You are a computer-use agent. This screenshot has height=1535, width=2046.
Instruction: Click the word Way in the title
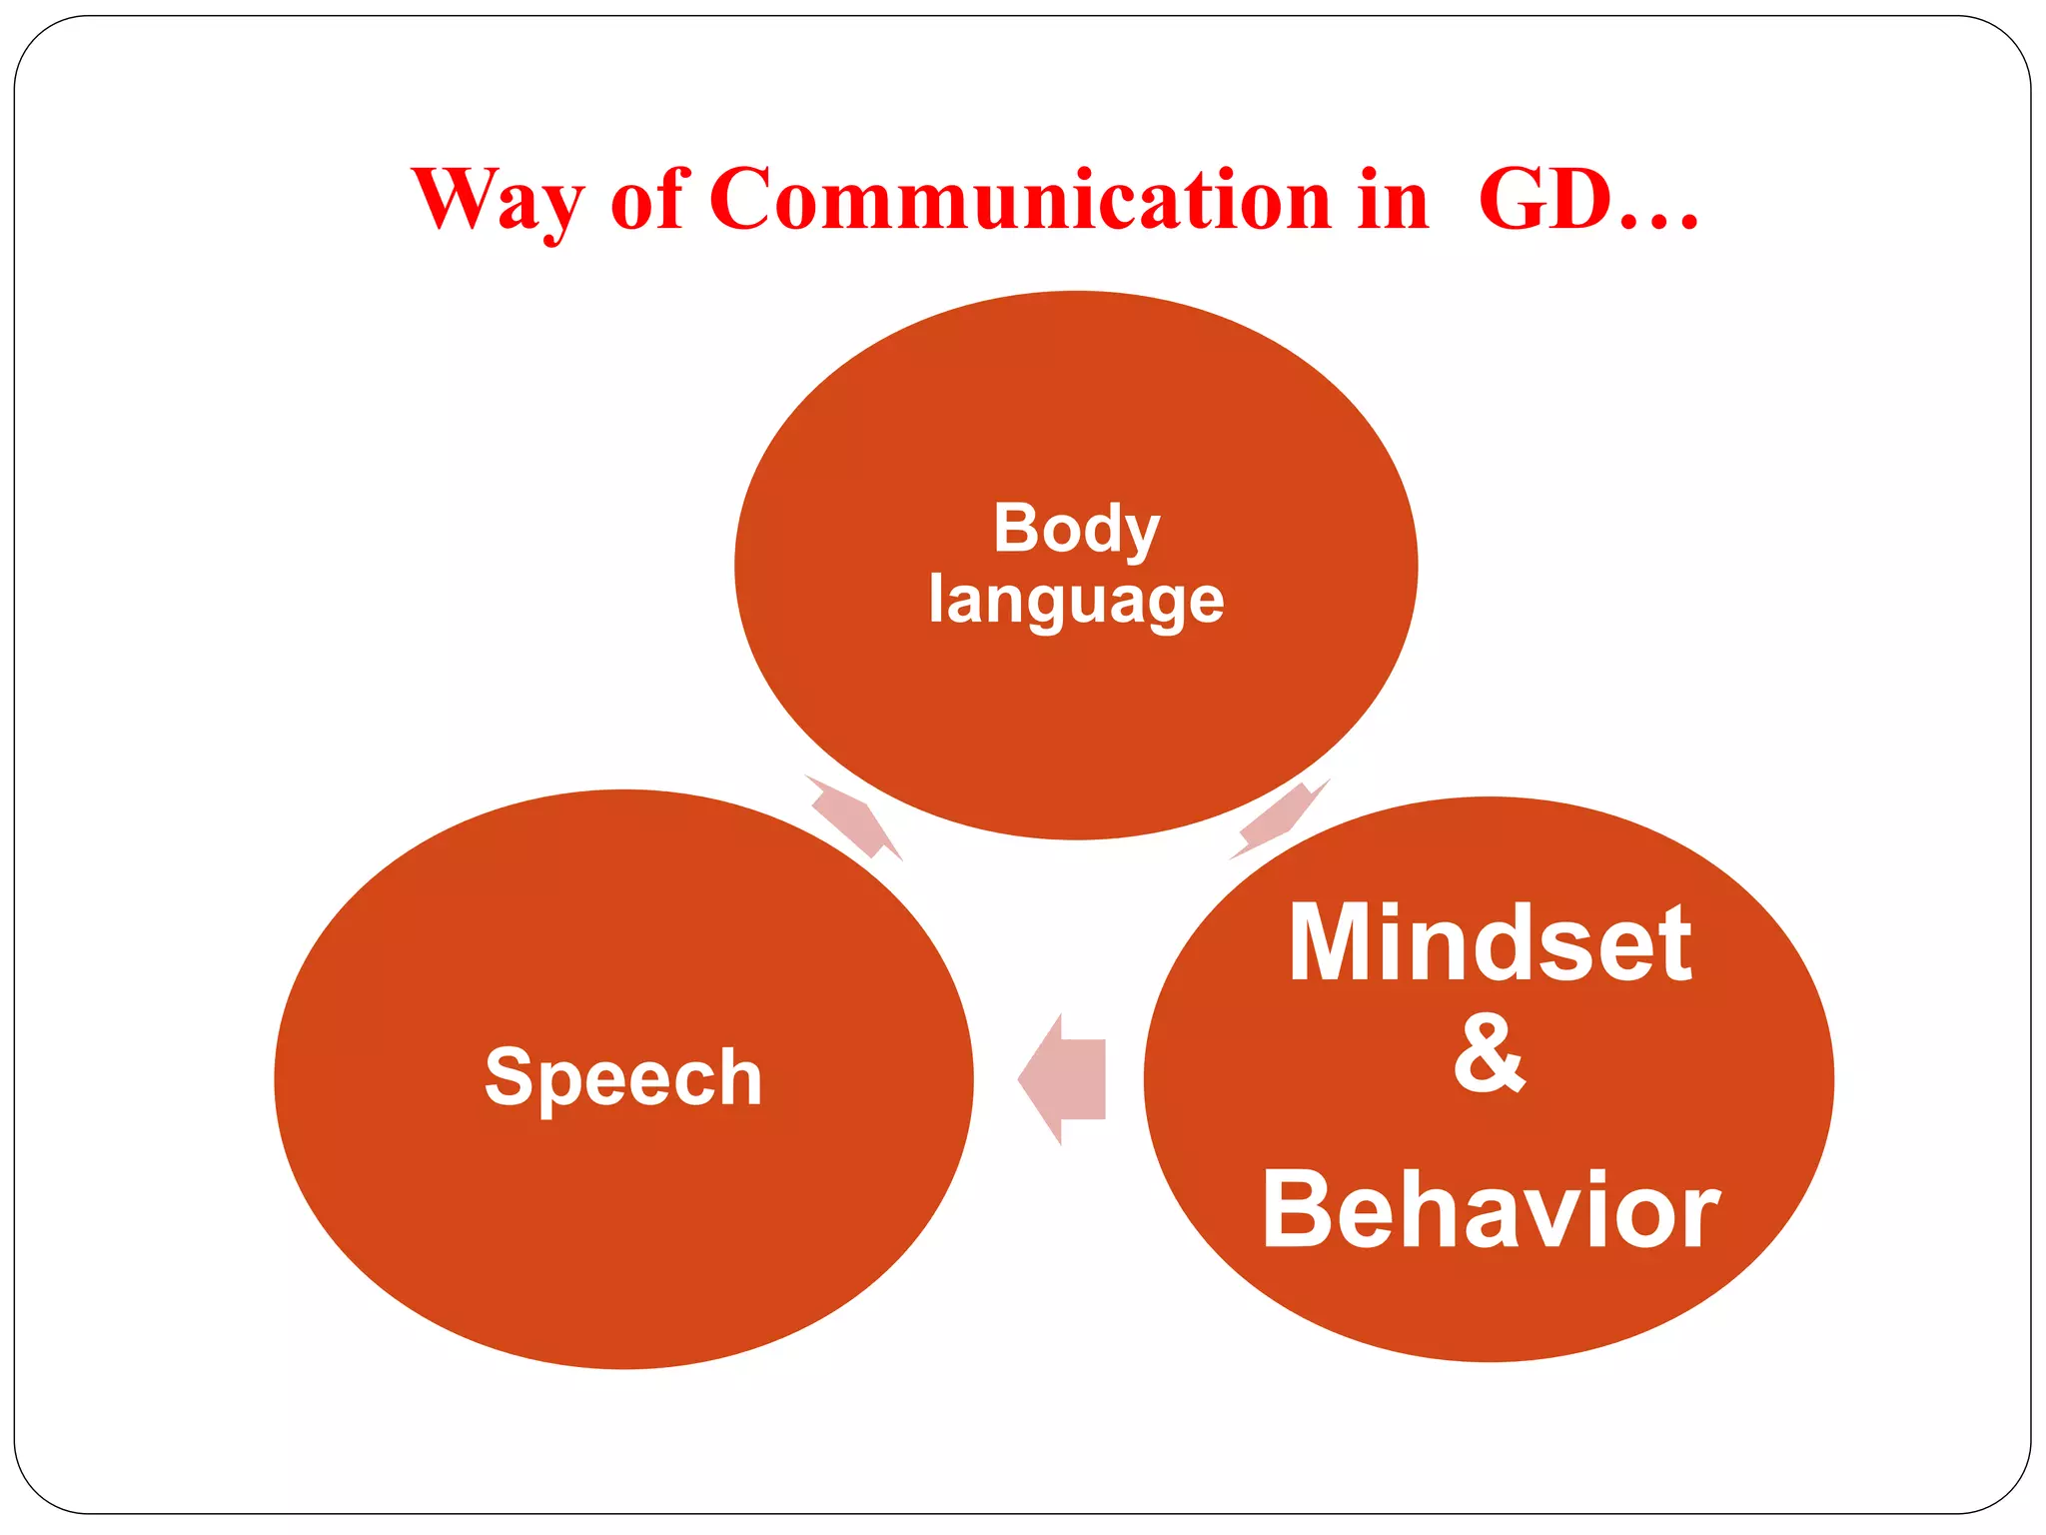point(497,200)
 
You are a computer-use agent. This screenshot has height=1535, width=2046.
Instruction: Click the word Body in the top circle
point(1076,529)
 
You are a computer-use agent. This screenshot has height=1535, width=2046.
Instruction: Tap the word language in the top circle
point(1076,601)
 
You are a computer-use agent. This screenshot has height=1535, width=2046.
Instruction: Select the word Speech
point(623,1078)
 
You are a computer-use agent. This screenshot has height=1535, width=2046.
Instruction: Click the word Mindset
point(1490,943)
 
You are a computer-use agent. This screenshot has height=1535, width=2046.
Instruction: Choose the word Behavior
point(1490,1210)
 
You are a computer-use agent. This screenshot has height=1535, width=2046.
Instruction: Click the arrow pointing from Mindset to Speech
point(1063,1079)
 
